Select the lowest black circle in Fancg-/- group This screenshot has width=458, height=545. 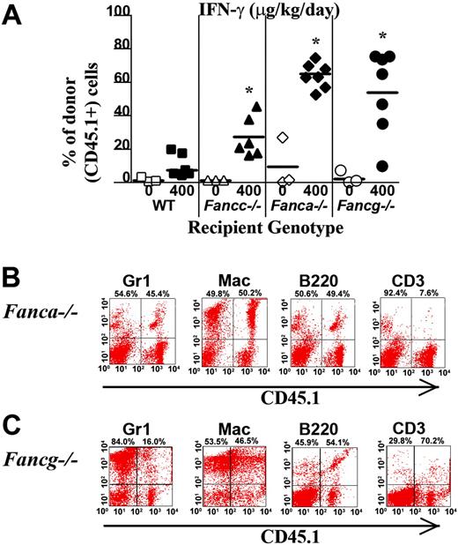point(383,166)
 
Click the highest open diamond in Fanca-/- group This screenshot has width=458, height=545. point(282,138)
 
